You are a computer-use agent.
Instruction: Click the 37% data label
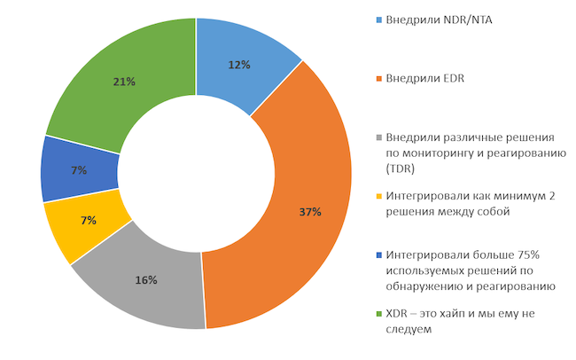coord(310,212)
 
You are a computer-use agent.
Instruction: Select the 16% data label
coord(146,280)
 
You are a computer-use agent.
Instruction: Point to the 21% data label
coord(124,82)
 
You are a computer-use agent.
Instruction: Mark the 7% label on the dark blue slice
coord(79,170)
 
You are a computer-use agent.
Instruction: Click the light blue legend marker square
coord(380,20)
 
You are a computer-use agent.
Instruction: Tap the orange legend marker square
coord(380,79)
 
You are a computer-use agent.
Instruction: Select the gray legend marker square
coord(380,138)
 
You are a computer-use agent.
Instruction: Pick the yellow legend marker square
coord(380,196)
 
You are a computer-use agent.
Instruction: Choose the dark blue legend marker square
coord(380,255)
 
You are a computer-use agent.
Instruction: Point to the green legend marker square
coord(380,314)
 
